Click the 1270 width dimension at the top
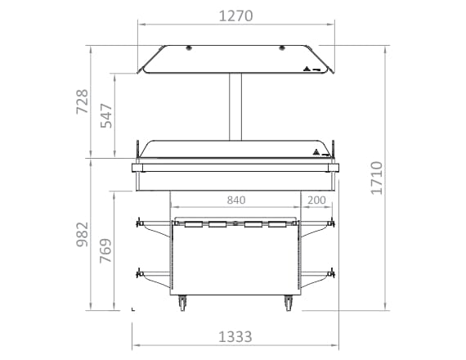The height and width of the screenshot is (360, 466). point(235,16)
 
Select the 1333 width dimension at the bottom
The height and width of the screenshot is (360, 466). point(235,337)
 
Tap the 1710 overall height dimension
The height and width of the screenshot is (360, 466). point(376,178)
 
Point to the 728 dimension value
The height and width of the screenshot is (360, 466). point(83,101)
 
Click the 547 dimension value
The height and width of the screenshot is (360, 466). point(106,115)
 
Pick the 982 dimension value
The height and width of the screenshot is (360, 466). point(83,235)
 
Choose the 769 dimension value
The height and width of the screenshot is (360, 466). point(105,250)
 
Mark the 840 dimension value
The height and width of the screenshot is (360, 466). point(236,200)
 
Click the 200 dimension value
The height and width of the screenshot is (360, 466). point(316,200)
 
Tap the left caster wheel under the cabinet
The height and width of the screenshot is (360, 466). point(182,303)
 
